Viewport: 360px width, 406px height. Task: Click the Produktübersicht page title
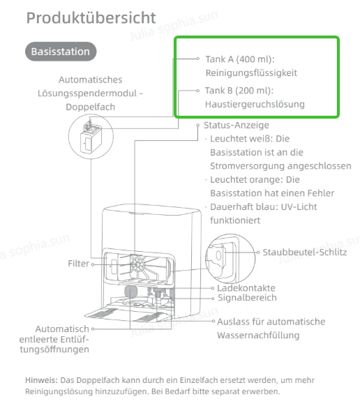(x=91, y=18)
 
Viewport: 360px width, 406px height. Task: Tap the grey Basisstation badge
(x=61, y=52)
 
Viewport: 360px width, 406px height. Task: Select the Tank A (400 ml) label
(x=240, y=59)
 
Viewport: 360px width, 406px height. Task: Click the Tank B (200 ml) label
(x=239, y=91)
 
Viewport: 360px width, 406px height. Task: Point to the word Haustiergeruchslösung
(x=255, y=105)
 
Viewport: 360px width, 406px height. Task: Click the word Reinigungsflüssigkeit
(x=251, y=73)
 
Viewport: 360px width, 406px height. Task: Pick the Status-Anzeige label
(x=237, y=126)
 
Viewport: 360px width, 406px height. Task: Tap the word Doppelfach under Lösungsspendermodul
(x=91, y=107)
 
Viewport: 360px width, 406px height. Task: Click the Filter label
(x=78, y=264)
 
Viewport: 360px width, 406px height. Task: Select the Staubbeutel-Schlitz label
(x=305, y=253)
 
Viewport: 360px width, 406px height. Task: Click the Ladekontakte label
(x=246, y=288)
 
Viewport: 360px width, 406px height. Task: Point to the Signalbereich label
(x=248, y=298)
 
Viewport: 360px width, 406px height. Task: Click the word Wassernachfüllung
(x=258, y=336)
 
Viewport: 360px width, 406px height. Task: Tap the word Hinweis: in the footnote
(x=41, y=380)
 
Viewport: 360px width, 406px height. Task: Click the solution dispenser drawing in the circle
(x=91, y=137)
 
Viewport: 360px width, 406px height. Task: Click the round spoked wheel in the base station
(x=137, y=264)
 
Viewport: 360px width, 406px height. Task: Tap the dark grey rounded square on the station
(x=130, y=292)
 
